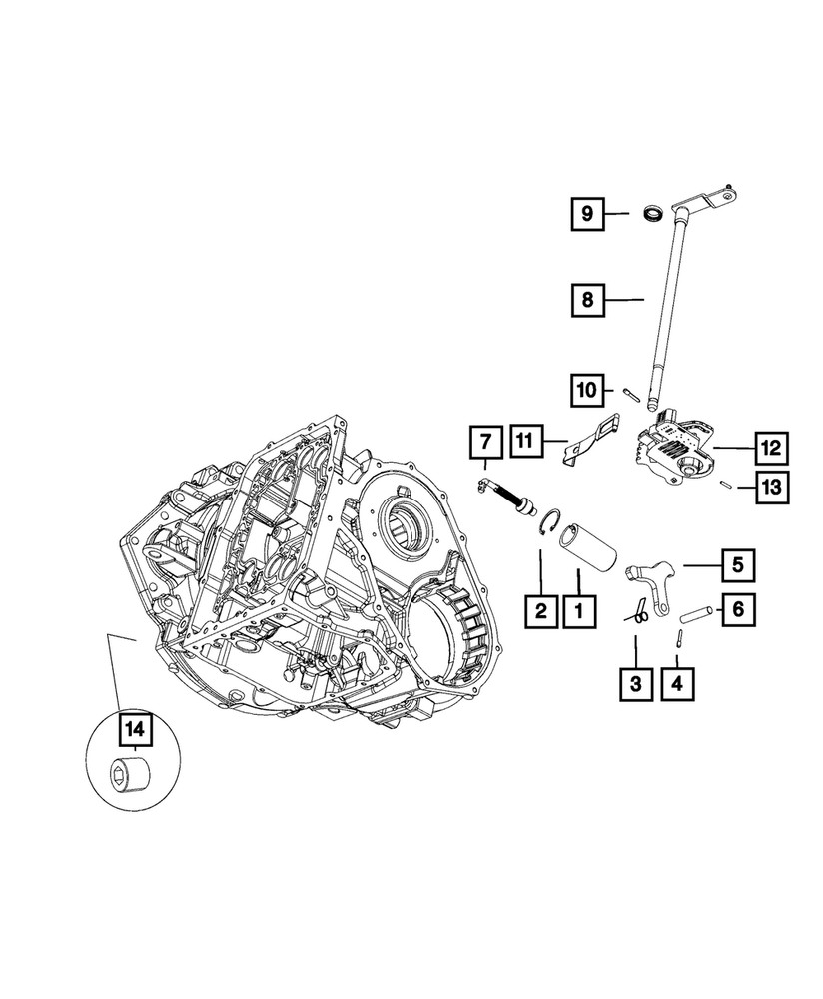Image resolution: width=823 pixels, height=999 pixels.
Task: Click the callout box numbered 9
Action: pyautogui.click(x=588, y=213)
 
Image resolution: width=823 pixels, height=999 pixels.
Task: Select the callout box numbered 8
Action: pyautogui.click(x=588, y=299)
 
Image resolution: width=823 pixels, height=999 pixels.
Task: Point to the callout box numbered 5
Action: pyautogui.click(x=738, y=565)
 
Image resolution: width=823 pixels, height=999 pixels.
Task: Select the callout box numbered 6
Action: pyautogui.click(x=738, y=607)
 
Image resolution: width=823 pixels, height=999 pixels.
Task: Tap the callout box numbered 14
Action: pyautogui.click(x=134, y=730)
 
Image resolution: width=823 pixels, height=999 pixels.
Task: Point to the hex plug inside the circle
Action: pyautogui.click(x=126, y=774)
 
